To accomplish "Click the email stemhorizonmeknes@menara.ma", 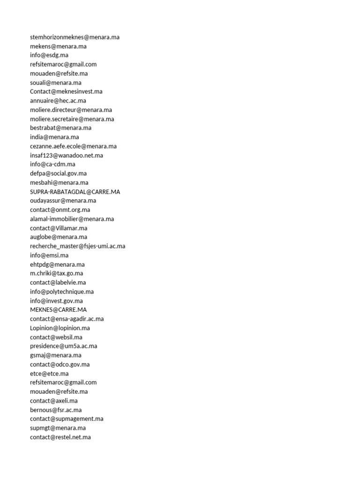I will pyautogui.click(x=75, y=37).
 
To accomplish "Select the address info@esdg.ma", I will pyautogui.click(x=49, y=55).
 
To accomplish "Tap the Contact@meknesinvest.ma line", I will pyautogui.click(x=66, y=91).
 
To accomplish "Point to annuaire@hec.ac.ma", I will pyautogui.click(x=58, y=101).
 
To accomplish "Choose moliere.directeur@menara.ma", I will pyautogui.click(x=71, y=110).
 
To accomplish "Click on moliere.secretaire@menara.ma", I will pyautogui.click(x=72, y=119).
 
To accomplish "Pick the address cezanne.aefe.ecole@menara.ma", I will pyautogui.click(x=74, y=146).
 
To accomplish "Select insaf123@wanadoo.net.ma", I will pyautogui.click(x=67, y=155).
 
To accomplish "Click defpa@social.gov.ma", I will pyautogui.click(x=59, y=173).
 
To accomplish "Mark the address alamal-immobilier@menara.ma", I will pyautogui.click(x=72, y=219).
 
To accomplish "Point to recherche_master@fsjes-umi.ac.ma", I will pyautogui.click(x=78, y=246).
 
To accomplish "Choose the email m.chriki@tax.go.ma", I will pyautogui.click(x=57, y=273).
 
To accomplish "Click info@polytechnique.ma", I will pyautogui.click(x=62, y=292).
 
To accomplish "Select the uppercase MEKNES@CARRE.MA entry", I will pyautogui.click(x=59, y=310).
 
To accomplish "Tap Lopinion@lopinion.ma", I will pyautogui.click(x=60, y=328).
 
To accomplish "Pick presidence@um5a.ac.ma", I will pyautogui.click(x=64, y=346).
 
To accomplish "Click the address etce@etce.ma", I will pyautogui.click(x=49, y=374).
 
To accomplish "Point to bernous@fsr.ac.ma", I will pyautogui.click(x=56, y=410).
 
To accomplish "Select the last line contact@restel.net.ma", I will pyautogui.click(x=60, y=437).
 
